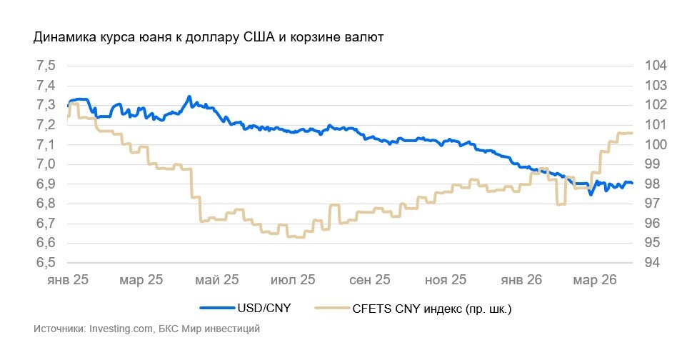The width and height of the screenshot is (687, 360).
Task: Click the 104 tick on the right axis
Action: point(656,66)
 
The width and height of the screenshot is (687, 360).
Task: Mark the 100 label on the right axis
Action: point(656,144)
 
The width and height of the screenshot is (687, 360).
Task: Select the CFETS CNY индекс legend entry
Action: point(432,309)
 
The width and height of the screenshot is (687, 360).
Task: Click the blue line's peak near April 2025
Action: point(189,96)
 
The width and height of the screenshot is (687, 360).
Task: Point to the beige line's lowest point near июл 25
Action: point(296,237)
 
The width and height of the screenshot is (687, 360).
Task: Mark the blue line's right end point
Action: point(632,183)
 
